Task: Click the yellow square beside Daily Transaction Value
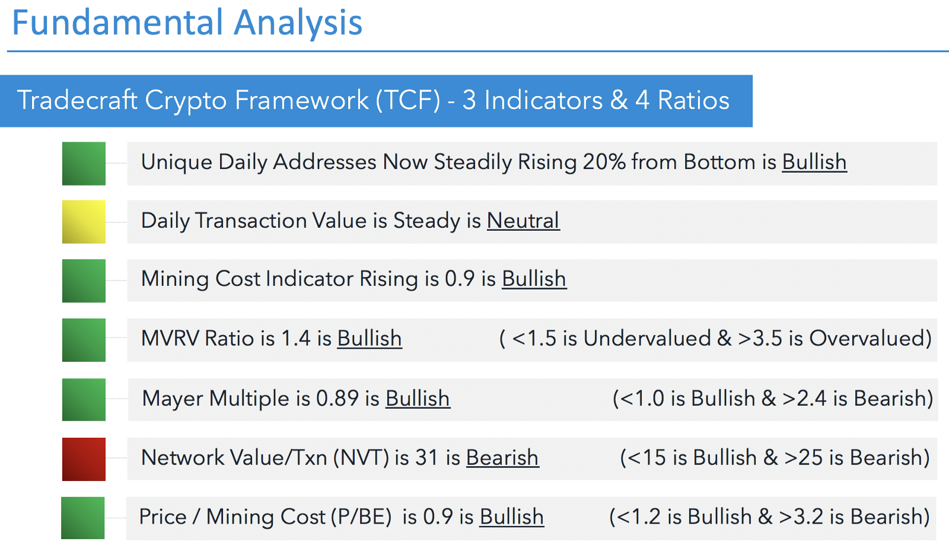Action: (84, 221)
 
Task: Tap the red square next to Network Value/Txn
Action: (84, 459)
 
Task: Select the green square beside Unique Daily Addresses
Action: (84, 164)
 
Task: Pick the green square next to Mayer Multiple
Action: (84, 399)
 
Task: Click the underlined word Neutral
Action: (523, 221)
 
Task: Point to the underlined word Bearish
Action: (502, 458)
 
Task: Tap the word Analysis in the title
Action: (298, 23)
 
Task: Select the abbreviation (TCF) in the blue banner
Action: (409, 100)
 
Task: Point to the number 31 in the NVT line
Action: (426, 458)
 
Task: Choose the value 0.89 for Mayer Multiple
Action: (337, 399)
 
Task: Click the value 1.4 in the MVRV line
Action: (296, 339)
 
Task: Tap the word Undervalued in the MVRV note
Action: (647, 339)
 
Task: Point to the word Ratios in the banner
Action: (693, 100)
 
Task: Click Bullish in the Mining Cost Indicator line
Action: (534, 279)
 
